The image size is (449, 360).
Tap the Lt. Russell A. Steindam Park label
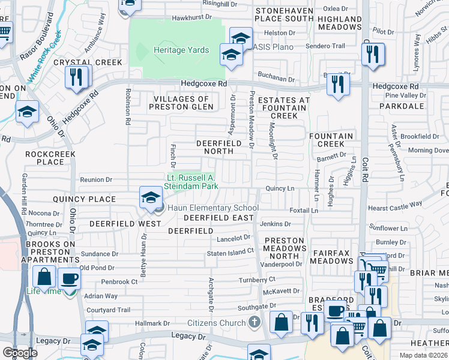tap(191, 182)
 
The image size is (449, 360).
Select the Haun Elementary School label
tap(212, 208)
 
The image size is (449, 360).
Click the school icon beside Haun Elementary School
tap(150, 197)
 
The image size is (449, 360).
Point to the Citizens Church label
tap(217, 323)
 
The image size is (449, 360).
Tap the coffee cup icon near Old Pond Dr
tap(69, 278)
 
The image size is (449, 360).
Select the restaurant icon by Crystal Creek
tap(76, 77)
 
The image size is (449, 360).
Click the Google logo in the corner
tap(20, 352)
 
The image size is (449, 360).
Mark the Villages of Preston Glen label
tap(181, 103)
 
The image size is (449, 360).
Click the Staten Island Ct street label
tap(231, 254)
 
